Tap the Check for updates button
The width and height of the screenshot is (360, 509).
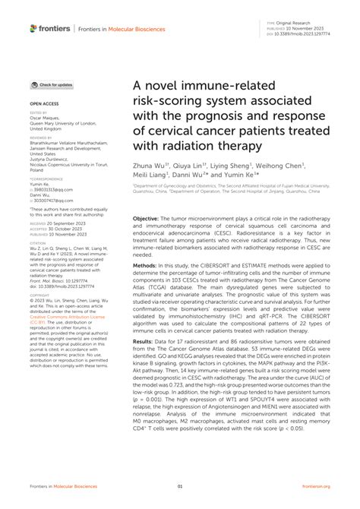pyautogui.click(x=52, y=85)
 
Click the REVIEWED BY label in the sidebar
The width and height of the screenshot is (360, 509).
pyautogui.click(x=42, y=137)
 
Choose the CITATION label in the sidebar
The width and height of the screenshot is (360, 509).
pyautogui.click(x=39, y=242)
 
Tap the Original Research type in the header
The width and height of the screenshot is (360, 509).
pyautogui.click(x=301, y=25)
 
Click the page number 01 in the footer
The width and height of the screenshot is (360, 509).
pyautogui.click(x=180, y=487)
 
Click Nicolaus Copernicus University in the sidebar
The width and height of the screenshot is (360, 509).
pyautogui.click(x=62, y=163)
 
